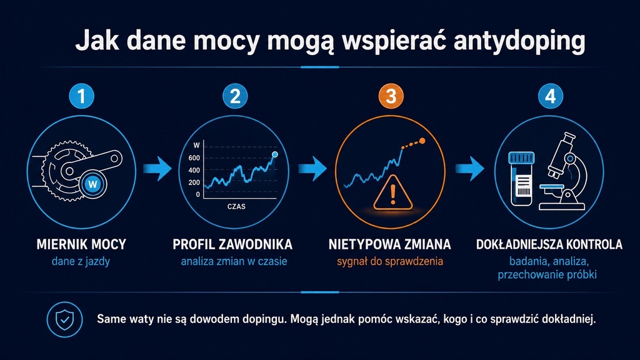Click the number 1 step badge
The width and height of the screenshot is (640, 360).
click(82, 96)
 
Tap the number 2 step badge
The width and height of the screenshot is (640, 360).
click(235, 96)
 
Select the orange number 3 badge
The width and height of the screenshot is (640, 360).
click(391, 96)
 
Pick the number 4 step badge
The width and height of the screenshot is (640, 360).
click(550, 96)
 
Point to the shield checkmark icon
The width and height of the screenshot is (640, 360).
click(64, 319)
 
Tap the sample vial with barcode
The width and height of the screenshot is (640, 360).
click(522, 179)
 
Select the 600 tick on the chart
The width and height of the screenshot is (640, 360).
click(194, 158)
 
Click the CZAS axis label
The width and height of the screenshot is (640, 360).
click(236, 206)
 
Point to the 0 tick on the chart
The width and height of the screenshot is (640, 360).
click(198, 195)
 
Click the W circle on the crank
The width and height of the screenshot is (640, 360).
click(93, 184)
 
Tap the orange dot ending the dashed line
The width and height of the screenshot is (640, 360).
click(422, 141)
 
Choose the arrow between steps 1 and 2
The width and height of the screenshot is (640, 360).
click(157, 169)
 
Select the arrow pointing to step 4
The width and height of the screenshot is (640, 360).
click(470, 169)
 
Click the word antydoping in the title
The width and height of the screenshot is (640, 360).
click(519, 41)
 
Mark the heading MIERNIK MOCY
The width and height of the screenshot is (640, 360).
click(81, 244)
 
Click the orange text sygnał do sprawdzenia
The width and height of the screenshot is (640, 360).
click(390, 262)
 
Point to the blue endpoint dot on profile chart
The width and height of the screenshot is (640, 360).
click(275, 154)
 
